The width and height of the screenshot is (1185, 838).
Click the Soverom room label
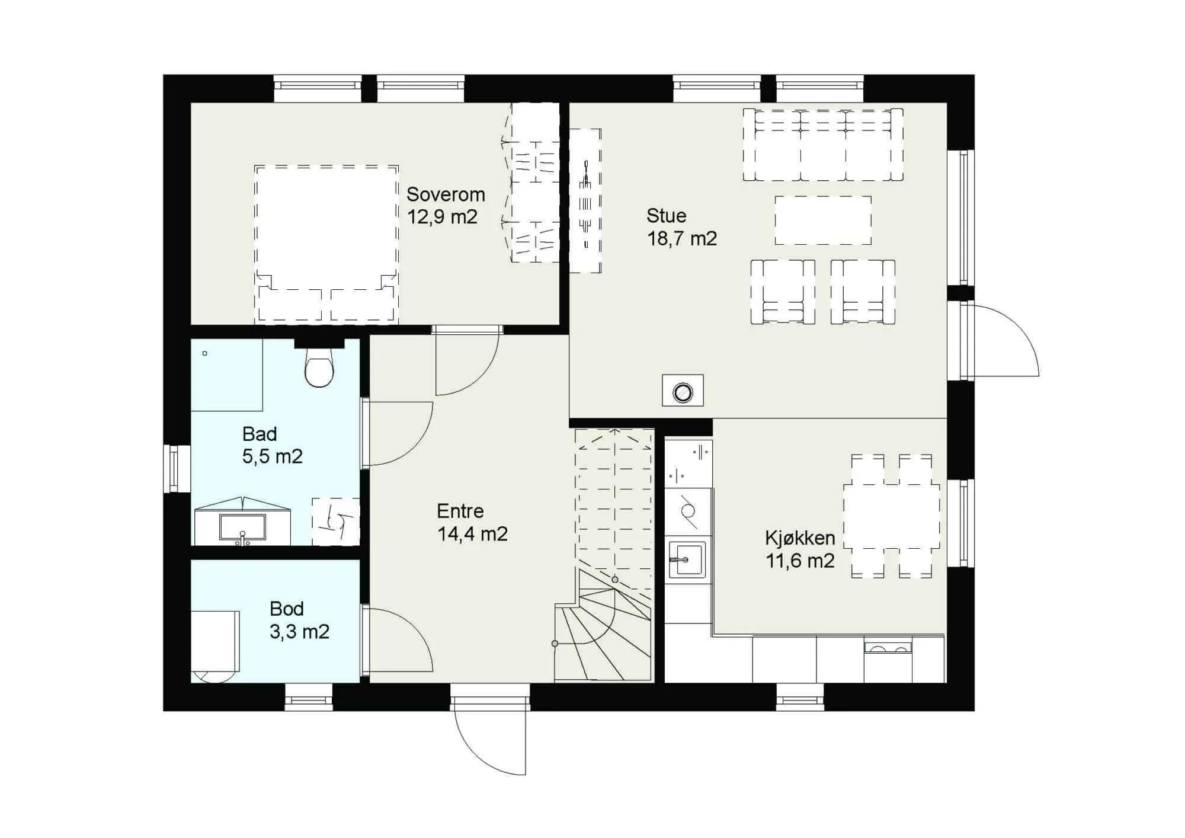tap(446, 194)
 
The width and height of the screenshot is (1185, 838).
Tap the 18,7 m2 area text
tap(682, 238)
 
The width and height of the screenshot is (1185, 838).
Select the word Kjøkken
tap(800, 538)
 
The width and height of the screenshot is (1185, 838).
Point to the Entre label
tap(460, 511)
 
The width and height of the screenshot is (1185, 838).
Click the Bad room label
tap(260, 434)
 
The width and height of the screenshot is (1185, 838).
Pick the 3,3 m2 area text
tap(299, 632)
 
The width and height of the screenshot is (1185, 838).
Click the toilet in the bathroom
tap(319, 367)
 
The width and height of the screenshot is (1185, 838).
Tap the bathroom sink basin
tap(242, 527)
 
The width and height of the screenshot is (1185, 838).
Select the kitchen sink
tap(687, 559)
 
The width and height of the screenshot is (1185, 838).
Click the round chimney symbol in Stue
tap(683, 391)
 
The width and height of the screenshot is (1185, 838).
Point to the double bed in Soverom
tap(326, 244)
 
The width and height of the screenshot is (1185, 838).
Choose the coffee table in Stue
tap(823, 220)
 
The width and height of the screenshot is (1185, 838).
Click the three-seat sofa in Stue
tap(823, 144)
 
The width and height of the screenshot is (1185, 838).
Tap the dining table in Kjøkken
tap(891, 516)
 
